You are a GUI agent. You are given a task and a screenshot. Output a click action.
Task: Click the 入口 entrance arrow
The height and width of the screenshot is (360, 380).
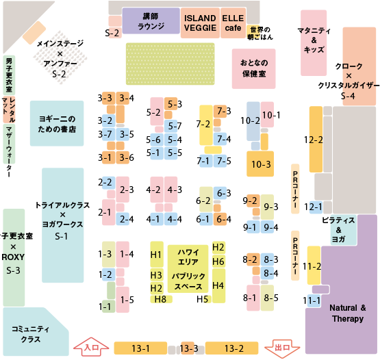click(91, 347)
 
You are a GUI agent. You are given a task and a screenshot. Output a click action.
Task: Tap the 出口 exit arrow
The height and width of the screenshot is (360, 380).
click(282, 348)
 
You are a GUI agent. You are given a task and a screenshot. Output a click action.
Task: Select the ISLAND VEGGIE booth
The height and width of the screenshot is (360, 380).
click(200, 23)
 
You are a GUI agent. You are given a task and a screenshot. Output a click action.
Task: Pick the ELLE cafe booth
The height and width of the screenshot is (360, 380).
click(233, 23)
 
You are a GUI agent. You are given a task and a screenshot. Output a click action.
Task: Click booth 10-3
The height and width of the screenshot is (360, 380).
click(260, 164)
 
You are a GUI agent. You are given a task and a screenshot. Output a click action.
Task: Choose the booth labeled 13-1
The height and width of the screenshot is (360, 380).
click(140, 348)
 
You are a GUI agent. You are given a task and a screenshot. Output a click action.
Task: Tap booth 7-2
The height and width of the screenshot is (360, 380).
click(206, 125)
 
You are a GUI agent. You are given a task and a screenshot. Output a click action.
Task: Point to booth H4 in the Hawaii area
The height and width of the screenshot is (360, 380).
click(219, 285)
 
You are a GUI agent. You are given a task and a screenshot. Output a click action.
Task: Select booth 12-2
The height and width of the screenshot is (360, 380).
click(316, 140)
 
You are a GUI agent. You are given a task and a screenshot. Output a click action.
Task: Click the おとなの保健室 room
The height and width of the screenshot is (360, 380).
click(254, 68)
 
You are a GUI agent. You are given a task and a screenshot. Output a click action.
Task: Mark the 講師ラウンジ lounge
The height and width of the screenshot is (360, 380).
click(151, 21)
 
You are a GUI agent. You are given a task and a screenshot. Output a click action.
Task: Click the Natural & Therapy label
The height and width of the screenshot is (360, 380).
click(348, 313)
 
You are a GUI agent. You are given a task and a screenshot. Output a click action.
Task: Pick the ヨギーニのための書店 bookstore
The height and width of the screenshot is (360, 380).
click(57, 123)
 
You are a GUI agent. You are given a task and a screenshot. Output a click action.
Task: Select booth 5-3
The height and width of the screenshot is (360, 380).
click(171, 104)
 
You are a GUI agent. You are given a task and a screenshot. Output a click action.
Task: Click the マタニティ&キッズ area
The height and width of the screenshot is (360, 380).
click(314, 43)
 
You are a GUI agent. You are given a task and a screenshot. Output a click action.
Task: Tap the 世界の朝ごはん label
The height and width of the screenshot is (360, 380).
click(260, 33)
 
